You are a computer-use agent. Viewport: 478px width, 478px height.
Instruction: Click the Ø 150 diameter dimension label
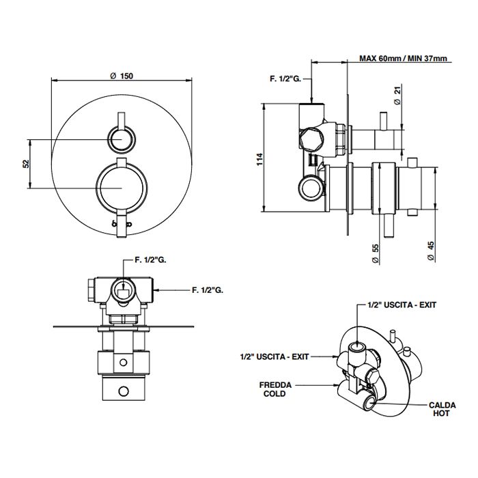[122, 76]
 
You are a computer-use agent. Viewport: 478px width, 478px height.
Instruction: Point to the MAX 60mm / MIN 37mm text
[404, 59]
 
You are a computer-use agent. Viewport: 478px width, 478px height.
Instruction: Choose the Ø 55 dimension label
[375, 253]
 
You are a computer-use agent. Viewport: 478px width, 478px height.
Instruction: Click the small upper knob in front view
[121, 141]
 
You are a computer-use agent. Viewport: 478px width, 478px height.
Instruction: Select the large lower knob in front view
[121, 188]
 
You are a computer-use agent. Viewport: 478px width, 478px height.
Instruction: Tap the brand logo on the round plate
[121, 223]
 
